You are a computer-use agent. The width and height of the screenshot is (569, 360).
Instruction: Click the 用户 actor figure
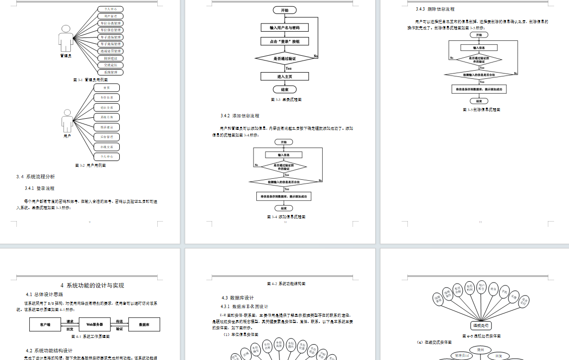[67, 122]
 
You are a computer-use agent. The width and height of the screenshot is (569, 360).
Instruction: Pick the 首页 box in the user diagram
[106, 88]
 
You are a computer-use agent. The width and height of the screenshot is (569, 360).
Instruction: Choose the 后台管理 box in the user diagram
[106, 137]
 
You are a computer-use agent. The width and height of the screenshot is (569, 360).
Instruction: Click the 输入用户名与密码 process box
[285, 27]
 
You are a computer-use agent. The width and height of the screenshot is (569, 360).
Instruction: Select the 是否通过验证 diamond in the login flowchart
[285, 58]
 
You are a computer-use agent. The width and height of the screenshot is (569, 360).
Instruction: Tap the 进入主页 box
[285, 76]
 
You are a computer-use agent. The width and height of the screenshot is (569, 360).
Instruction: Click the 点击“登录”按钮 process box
[285, 41]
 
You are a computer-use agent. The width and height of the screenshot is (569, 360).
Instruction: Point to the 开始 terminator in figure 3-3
[285, 10]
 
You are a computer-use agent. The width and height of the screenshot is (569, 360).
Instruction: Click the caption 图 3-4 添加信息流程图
[286, 217]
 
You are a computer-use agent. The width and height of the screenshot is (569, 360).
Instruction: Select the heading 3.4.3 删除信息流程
[435, 9]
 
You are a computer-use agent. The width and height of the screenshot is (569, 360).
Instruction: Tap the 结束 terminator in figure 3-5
[479, 101]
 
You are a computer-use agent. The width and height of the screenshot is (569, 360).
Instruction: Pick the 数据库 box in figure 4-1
[143, 325]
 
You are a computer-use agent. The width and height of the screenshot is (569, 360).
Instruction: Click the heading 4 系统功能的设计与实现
[92, 285]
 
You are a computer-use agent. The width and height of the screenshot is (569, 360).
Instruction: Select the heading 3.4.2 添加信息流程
[240, 116]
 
